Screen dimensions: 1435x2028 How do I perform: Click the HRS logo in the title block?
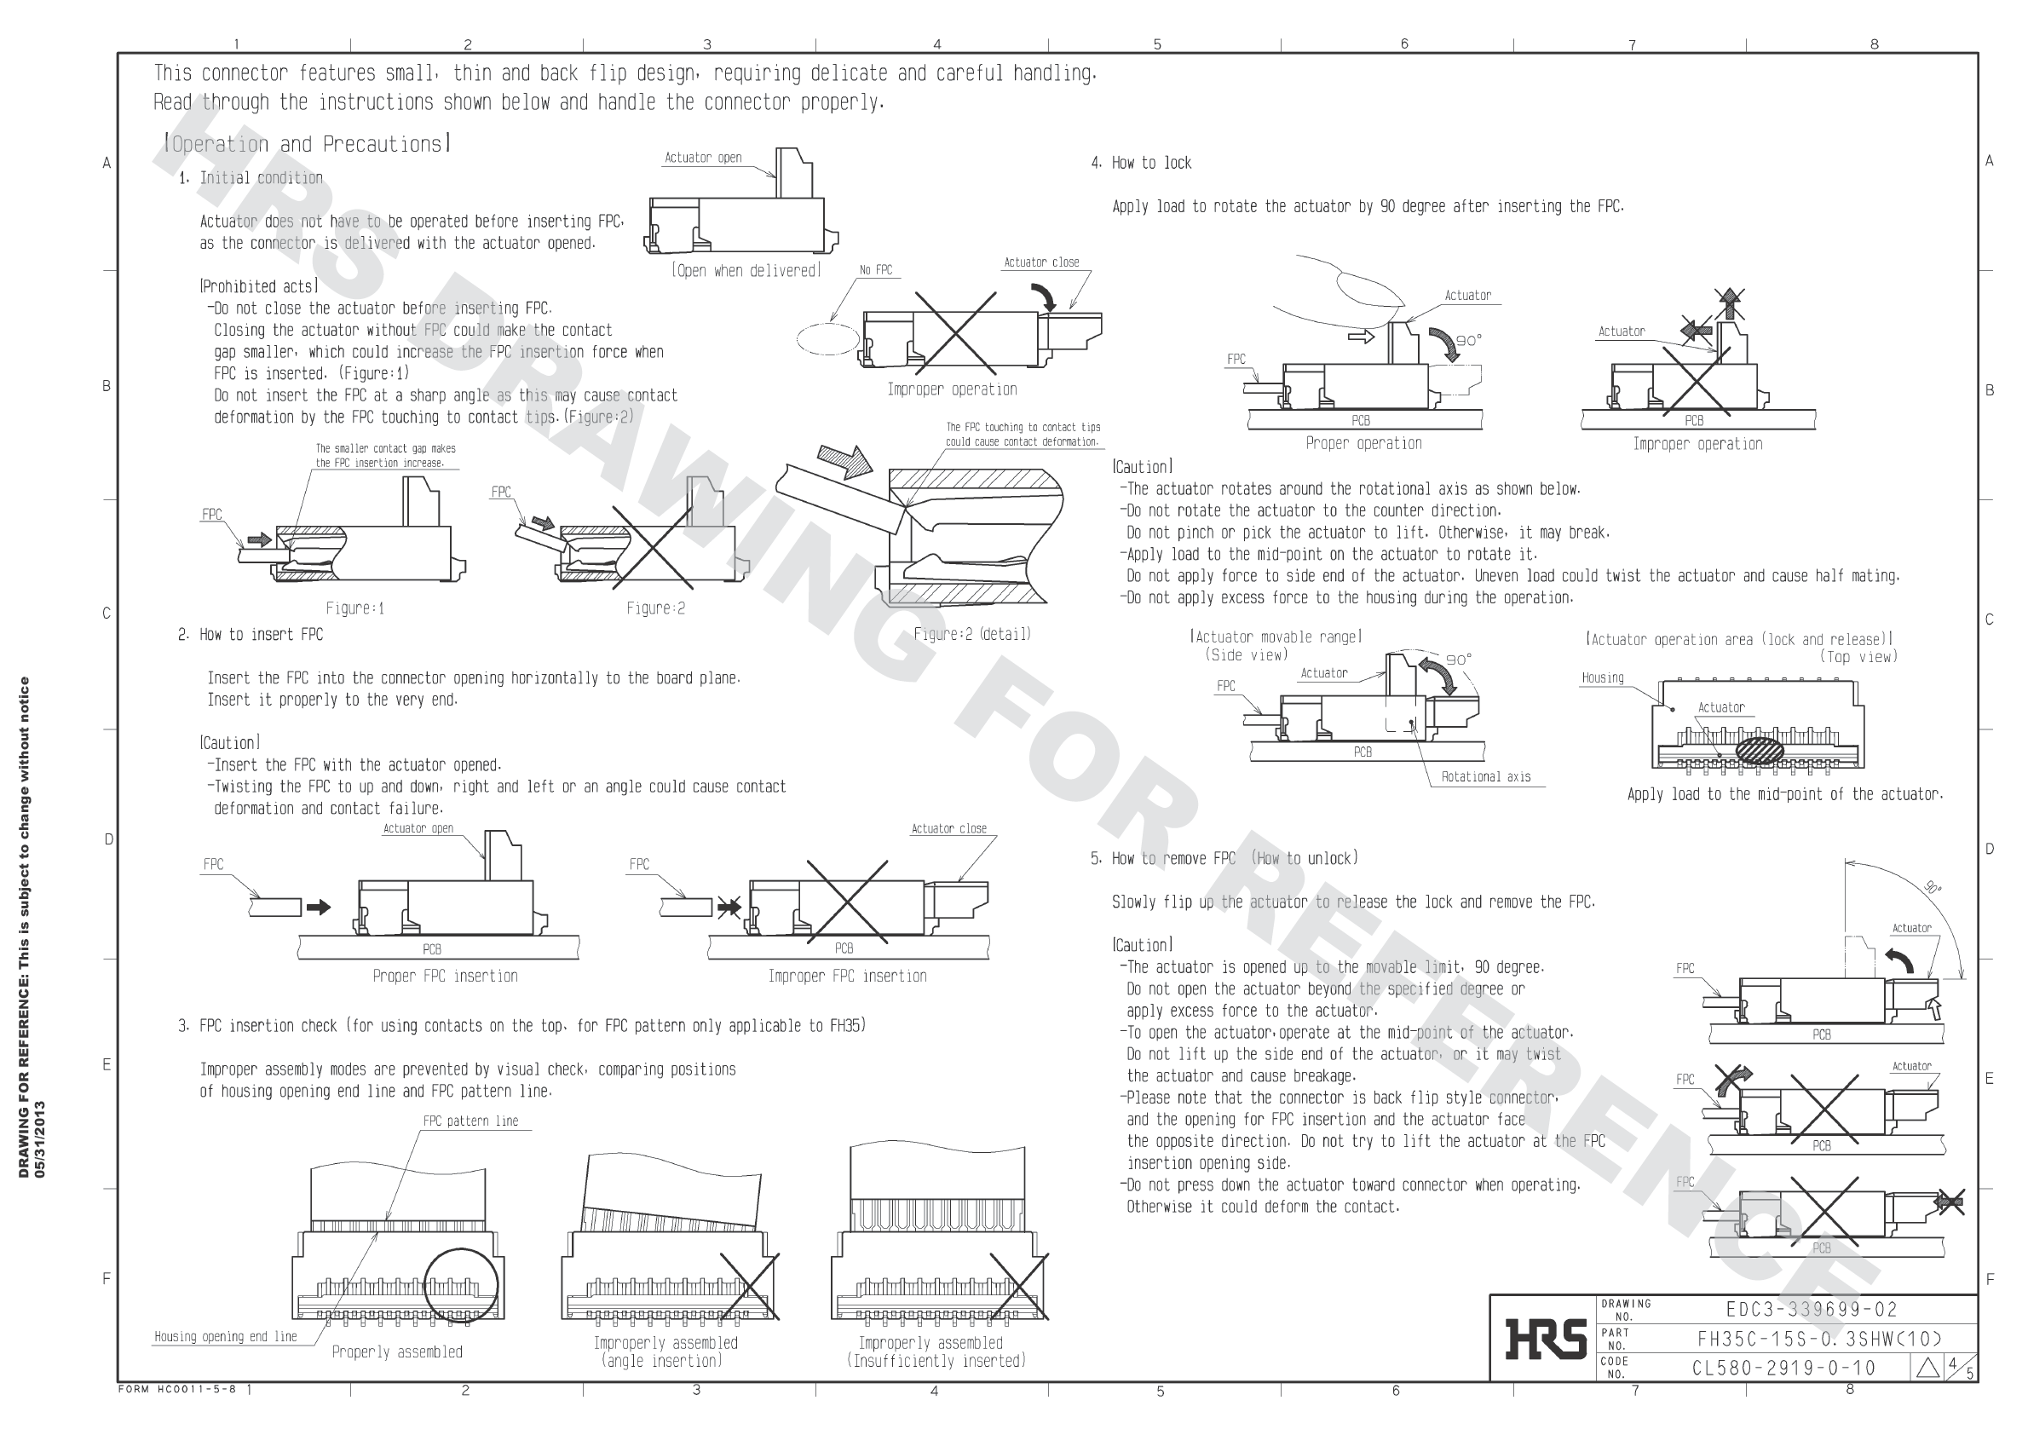coord(1546,1338)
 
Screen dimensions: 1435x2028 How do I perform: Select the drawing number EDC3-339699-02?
coord(1811,1310)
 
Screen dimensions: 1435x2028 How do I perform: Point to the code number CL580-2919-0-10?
coord(1783,1368)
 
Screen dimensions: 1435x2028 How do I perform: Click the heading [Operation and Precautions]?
coord(308,144)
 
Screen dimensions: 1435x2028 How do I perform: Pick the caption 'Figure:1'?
coord(354,608)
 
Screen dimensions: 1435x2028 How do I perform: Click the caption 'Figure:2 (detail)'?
coord(972,633)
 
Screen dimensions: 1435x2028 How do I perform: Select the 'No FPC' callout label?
coord(876,270)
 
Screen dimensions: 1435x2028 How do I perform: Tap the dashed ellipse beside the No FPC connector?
coord(828,339)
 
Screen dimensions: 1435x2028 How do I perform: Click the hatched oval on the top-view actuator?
coord(1759,750)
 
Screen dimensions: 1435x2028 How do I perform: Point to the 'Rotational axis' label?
coord(1485,776)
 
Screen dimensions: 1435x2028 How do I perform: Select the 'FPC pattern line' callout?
coord(470,1121)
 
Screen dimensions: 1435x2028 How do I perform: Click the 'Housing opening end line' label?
coord(225,1336)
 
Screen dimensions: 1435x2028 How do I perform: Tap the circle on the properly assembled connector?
coord(460,1285)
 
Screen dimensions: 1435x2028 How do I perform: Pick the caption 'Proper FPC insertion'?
coord(445,976)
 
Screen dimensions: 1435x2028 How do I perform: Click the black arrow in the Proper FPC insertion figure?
coord(318,907)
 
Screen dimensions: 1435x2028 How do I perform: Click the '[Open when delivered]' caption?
coord(746,270)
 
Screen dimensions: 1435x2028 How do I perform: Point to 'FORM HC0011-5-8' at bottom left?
coord(176,1389)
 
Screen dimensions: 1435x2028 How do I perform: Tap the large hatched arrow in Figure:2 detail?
coord(844,460)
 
